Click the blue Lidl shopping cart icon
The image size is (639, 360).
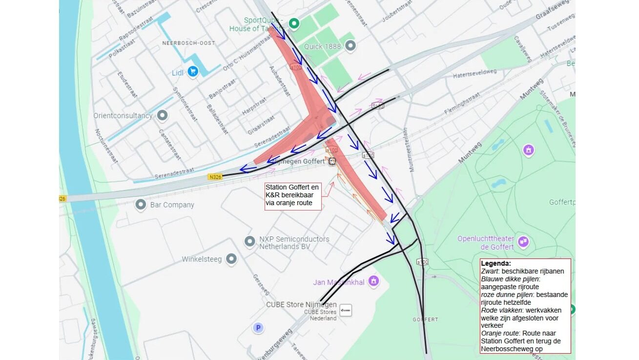click(x=192, y=72)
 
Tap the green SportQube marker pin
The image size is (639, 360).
click(x=294, y=23)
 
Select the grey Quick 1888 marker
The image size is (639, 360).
click(x=350, y=46)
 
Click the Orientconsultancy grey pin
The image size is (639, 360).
click(x=162, y=116)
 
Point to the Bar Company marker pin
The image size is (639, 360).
click(x=141, y=205)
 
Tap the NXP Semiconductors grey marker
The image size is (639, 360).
click(x=250, y=241)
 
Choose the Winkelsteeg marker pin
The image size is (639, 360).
click(x=231, y=259)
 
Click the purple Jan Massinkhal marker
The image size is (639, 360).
click(x=373, y=281)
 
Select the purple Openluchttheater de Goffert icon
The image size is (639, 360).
click(x=523, y=241)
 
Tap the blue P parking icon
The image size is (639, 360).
click(x=258, y=328)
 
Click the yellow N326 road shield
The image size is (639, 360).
click(x=215, y=177)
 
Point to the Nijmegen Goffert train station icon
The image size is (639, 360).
click(x=332, y=161)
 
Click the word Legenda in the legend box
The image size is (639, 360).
click(x=496, y=263)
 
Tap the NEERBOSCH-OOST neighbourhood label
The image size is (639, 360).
click(x=188, y=43)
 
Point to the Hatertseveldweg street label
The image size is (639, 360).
click(x=474, y=72)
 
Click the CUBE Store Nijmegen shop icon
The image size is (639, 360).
click(x=346, y=310)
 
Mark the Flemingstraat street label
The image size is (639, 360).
click(x=462, y=105)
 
